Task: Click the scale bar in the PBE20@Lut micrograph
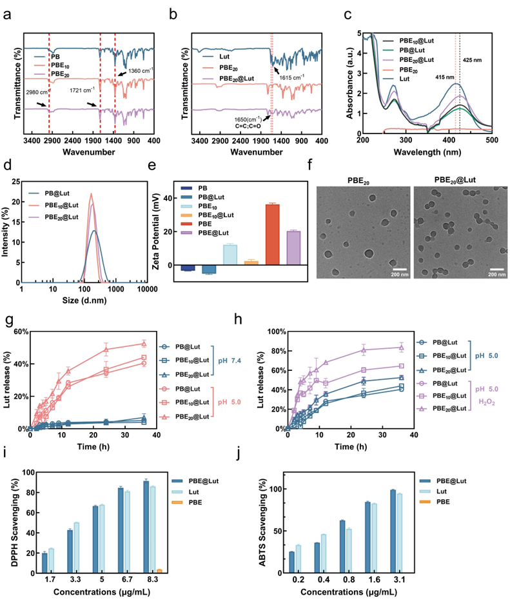(495, 268)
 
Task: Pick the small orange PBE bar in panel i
(159, 570)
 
